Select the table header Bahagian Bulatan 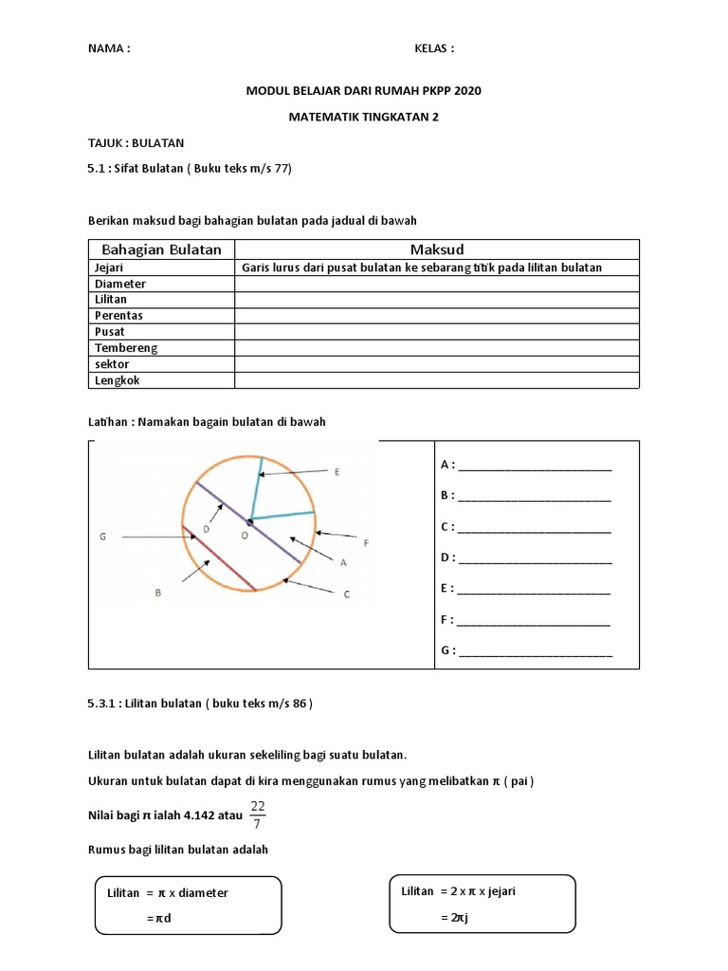click(x=160, y=249)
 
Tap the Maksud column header click(x=437, y=249)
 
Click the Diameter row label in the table click(x=119, y=284)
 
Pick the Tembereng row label click(x=125, y=348)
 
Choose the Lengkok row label click(x=118, y=380)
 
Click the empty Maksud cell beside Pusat click(x=437, y=332)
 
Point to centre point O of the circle click(x=250, y=522)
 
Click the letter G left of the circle click(x=102, y=538)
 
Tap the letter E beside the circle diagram click(x=337, y=471)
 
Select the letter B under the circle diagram click(x=158, y=593)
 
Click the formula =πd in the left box click(x=159, y=918)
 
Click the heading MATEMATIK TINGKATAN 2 click(x=363, y=118)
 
